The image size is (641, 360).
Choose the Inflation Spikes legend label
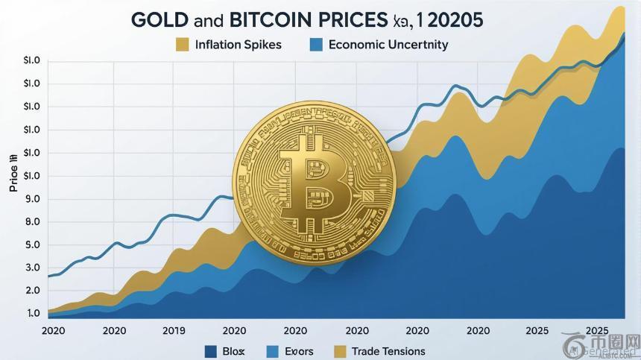pyautogui.click(x=239, y=45)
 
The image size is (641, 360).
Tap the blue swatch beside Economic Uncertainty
pyautogui.click(x=316, y=45)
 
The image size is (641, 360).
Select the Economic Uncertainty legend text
pyautogui.click(x=388, y=45)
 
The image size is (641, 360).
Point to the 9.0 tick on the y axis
pyautogui.click(x=32, y=199)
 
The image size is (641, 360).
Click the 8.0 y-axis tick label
pyautogui.click(x=32, y=222)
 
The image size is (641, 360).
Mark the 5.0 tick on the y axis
pyautogui.click(x=32, y=245)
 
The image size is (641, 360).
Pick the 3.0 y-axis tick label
pyautogui.click(x=32, y=268)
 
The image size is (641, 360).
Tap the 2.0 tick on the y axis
pyautogui.click(x=32, y=290)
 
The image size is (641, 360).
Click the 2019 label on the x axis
pyautogui.click(x=173, y=330)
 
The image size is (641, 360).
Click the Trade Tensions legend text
pyautogui.click(x=388, y=351)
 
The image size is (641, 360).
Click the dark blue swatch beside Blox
pyautogui.click(x=210, y=351)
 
